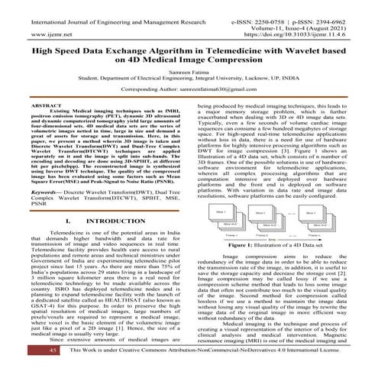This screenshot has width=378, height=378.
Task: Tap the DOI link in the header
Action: point(305,34)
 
